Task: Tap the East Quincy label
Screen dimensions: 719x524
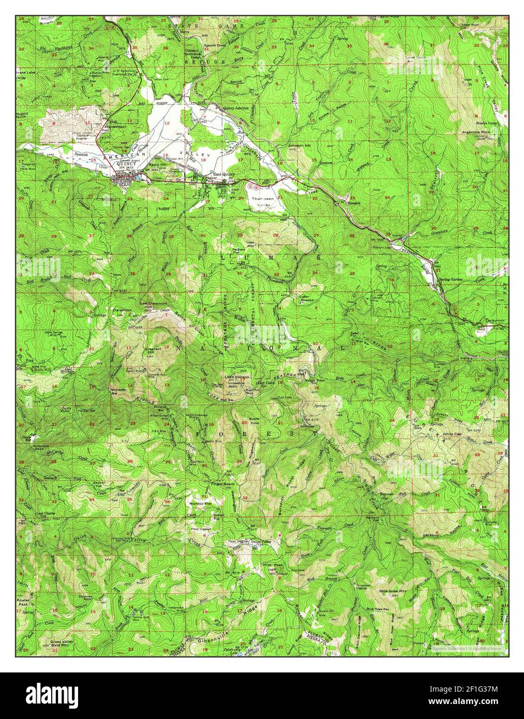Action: pyautogui.click(x=224, y=174)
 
